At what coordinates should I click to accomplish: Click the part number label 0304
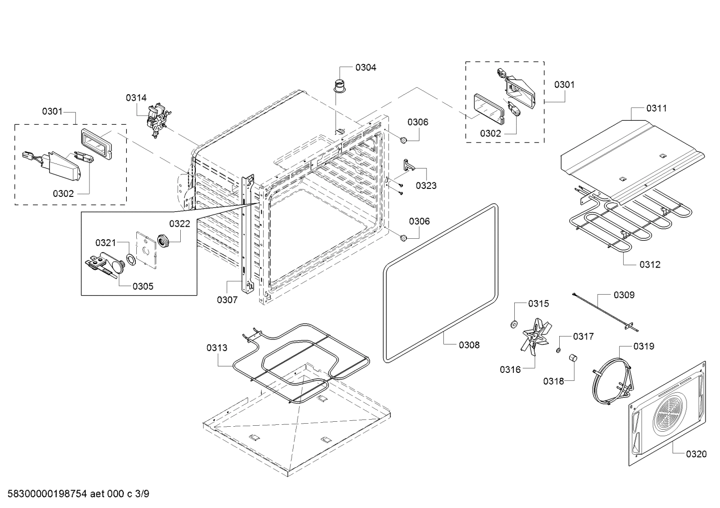coord(365,67)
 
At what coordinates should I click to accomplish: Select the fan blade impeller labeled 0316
coord(535,337)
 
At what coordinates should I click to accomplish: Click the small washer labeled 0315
coord(513,325)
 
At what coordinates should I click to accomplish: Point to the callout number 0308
coord(469,344)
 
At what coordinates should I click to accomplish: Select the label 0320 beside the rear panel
coord(696,454)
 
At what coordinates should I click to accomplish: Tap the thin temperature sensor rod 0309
coord(604,312)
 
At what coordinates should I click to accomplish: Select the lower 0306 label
coord(419,221)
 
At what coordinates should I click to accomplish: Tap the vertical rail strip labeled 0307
coord(246,234)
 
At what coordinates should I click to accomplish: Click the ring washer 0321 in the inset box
coord(130,260)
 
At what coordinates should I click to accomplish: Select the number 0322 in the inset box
coord(179,224)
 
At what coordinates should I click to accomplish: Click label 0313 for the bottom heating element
coord(217,347)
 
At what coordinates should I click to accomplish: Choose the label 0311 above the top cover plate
coord(656,108)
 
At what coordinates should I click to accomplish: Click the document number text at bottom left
coord(74,494)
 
